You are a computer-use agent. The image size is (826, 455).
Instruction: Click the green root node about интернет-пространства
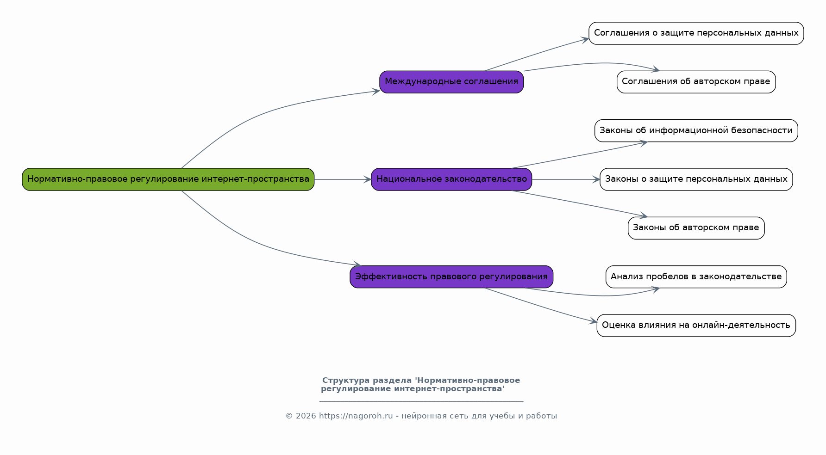[x=168, y=179]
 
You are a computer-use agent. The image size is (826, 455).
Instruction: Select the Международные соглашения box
[x=451, y=82]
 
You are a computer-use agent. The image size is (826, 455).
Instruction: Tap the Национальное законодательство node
[x=451, y=179]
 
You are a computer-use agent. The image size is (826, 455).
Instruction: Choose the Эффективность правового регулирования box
[x=451, y=277]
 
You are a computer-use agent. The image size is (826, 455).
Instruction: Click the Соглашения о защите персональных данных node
[x=696, y=33]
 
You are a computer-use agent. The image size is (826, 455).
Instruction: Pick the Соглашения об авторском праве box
[x=696, y=82]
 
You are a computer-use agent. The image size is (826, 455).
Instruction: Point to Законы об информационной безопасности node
[x=696, y=131]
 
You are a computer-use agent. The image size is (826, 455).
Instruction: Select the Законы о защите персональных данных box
[x=696, y=179]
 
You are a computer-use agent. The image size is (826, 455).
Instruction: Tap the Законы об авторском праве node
[x=696, y=228]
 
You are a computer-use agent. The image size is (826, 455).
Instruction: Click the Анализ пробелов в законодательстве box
[x=696, y=277]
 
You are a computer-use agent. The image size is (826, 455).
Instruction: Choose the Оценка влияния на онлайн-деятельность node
[x=696, y=326]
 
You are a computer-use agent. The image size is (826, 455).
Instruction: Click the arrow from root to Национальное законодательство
[x=343, y=179]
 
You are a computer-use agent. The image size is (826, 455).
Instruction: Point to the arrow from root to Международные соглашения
[x=259, y=113]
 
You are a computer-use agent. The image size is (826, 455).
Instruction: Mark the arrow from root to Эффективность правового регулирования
[x=259, y=244]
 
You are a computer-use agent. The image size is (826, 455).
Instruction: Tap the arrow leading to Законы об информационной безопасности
[x=579, y=155]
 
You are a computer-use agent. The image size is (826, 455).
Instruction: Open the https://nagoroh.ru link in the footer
[x=356, y=416]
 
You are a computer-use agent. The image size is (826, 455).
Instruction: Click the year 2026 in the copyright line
[x=306, y=416]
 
